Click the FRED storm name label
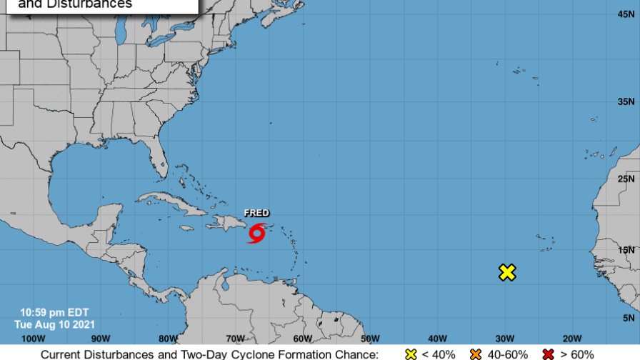[x=256, y=213]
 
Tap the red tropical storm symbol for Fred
[x=256, y=233]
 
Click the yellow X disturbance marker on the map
[x=507, y=272]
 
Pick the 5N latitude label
[x=629, y=318]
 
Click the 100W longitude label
[x=34, y=339]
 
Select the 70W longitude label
[x=236, y=339]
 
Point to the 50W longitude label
[x=370, y=339]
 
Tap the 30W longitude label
[x=505, y=339]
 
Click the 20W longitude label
[x=571, y=339]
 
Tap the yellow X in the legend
[x=411, y=354]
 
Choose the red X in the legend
[x=550, y=354]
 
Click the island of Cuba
[x=171, y=201]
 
